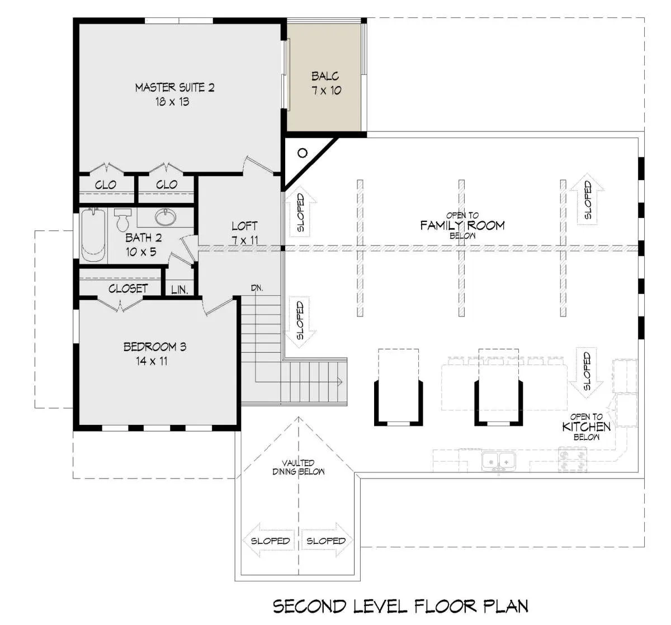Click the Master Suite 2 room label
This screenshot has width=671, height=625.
[x=174, y=88]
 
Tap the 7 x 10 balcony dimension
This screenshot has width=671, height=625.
[x=327, y=91]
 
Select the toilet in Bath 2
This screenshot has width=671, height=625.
[x=122, y=220]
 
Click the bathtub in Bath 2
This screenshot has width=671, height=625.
[x=93, y=235]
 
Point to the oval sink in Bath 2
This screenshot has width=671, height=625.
[x=165, y=216]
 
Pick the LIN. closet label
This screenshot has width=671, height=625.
[x=179, y=290]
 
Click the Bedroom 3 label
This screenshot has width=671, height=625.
[x=155, y=347]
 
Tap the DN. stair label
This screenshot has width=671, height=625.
[x=257, y=288]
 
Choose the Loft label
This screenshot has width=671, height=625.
[x=244, y=226]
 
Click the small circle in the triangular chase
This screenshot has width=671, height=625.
[x=303, y=153]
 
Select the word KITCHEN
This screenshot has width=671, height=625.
[x=586, y=427]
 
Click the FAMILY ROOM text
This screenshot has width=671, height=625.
[x=462, y=225]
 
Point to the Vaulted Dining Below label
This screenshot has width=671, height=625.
[x=299, y=467]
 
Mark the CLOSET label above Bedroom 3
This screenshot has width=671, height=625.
[x=128, y=288]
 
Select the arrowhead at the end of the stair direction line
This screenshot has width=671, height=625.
[x=339, y=382]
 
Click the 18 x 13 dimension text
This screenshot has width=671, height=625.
[x=172, y=102]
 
